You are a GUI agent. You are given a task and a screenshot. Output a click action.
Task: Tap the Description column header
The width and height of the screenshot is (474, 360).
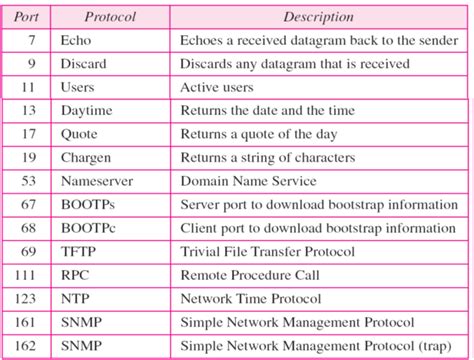[318, 17]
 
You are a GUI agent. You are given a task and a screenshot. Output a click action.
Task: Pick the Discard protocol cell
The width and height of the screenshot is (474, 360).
[84, 64]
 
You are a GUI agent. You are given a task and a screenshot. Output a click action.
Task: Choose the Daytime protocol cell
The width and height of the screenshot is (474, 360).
[87, 111]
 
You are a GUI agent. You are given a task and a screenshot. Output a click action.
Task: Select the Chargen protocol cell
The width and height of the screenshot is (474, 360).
[87, 157]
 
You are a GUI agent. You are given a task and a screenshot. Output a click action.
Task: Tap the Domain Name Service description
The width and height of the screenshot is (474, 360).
[248, 181]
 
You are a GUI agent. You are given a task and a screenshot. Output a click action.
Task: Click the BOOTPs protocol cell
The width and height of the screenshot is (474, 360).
[86, 204]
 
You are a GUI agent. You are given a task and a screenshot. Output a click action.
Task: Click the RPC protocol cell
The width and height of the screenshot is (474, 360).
[76, 275]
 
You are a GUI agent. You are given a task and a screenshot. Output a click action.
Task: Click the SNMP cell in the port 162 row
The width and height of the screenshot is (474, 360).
[81, 345]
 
